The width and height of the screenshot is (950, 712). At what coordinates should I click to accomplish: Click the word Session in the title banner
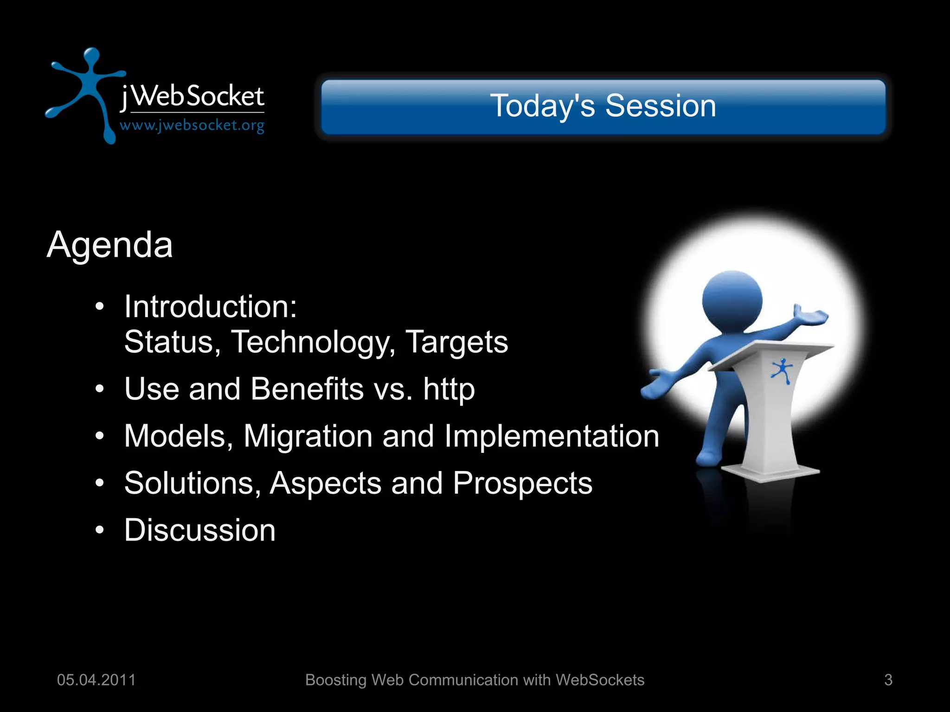[x=661, y=106]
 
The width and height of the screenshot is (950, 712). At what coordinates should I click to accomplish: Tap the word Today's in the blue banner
[x=542, y=106]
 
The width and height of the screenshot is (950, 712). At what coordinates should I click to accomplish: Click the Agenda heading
[x=110, y=245]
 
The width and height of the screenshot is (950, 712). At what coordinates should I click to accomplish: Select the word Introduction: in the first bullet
[x=210, y=307]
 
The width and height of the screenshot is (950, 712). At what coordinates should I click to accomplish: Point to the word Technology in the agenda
[x=313, y=342]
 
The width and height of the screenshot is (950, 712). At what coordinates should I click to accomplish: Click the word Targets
[x=456, y=342]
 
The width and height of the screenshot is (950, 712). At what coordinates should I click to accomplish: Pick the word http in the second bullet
[x=449, y=389]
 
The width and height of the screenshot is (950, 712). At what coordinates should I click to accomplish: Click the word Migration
[x=308, y=437]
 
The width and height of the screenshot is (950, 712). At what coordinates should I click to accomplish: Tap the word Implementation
[x=552, y=436]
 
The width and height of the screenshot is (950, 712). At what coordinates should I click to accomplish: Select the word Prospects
[x=522, y=483]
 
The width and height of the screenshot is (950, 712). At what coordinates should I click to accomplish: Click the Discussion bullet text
[x=200, y=530]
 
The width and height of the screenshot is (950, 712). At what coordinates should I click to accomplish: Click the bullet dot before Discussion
[x=99, y=530]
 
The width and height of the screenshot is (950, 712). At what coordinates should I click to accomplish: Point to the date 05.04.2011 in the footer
[x=96, y=680]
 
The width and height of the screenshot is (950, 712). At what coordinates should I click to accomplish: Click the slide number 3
[x=888, y=680]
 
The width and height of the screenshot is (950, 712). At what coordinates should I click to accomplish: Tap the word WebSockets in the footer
[x=600, y=680]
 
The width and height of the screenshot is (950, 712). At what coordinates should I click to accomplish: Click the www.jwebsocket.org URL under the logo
[x=192, y=126]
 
